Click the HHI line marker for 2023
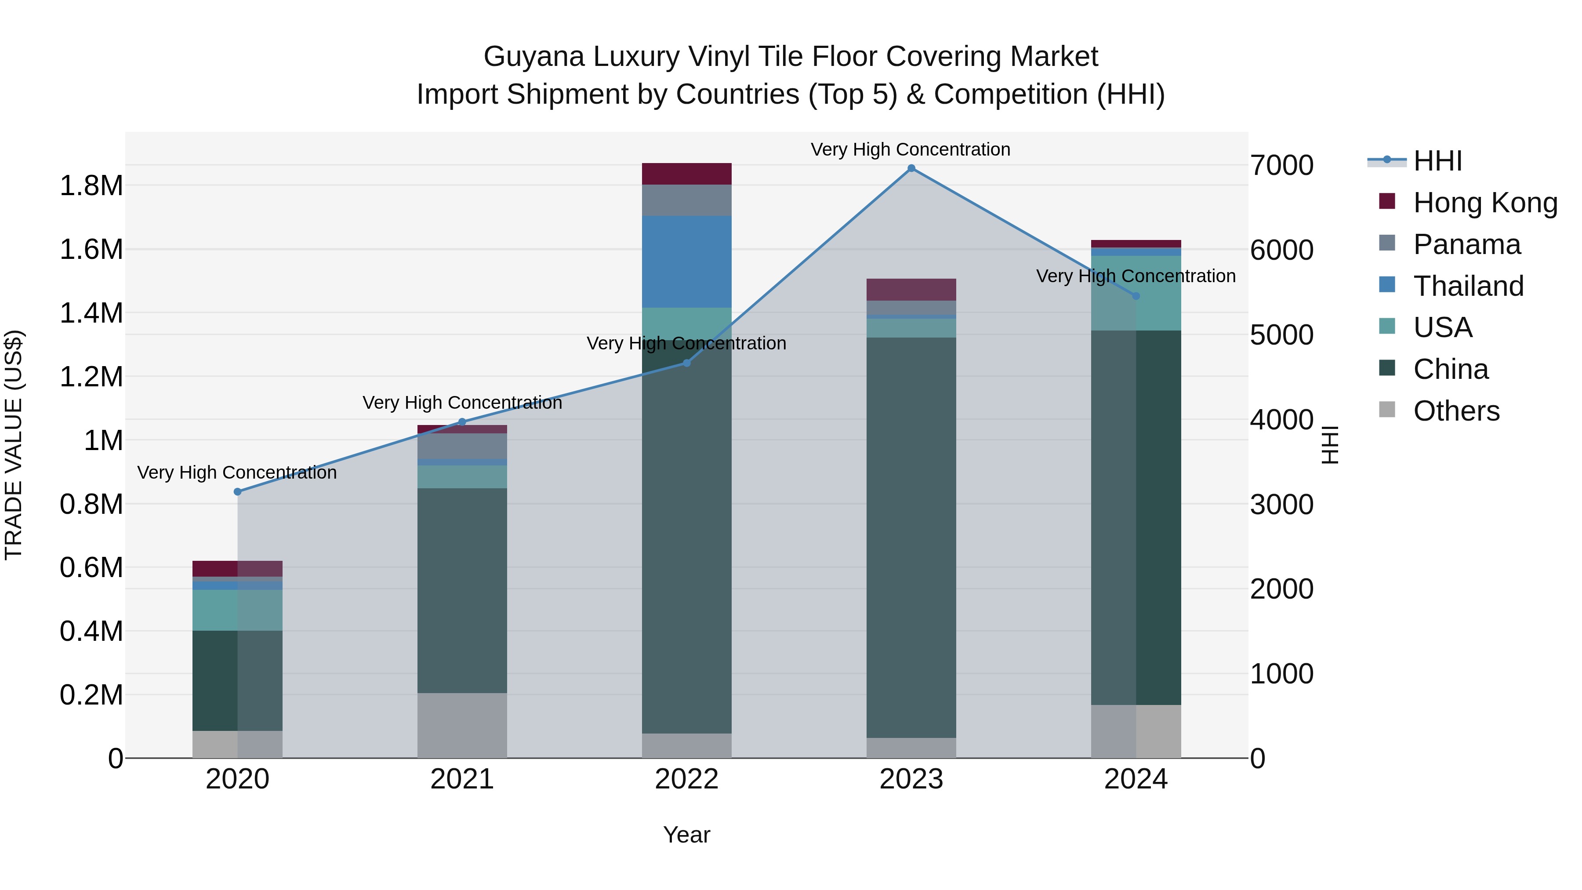911,168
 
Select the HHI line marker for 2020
238,491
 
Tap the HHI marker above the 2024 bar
1136,296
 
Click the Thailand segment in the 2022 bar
686,262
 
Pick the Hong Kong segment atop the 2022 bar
686,174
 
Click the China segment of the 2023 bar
911,538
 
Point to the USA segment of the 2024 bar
1136,293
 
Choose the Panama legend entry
1466,244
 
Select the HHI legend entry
1437,162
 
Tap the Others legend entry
1456,411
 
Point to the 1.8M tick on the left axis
91,185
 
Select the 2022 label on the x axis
686,779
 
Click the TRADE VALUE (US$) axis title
14,445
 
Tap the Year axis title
686,835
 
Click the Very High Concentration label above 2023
910,149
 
